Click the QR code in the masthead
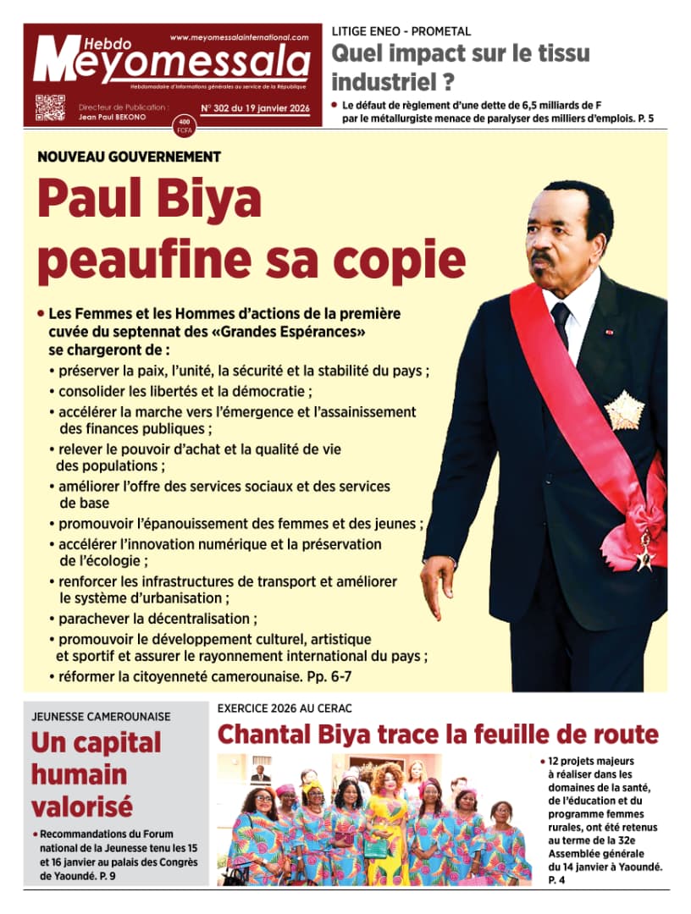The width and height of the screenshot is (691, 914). [x=50, y=108]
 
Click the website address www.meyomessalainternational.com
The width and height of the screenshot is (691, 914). [x=239, y=38]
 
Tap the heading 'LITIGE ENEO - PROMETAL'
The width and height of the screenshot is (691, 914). [x=401, y=31]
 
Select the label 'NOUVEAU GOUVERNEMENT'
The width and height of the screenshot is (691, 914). [x=129, y=157]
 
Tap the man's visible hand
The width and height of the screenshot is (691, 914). [x=437, y=583]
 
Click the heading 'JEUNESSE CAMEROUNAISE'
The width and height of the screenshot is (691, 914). [x=101, y=716]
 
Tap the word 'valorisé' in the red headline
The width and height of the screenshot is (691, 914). [x=82, y=805]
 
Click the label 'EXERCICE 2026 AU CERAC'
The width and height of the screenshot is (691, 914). [x=285, y=708]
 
